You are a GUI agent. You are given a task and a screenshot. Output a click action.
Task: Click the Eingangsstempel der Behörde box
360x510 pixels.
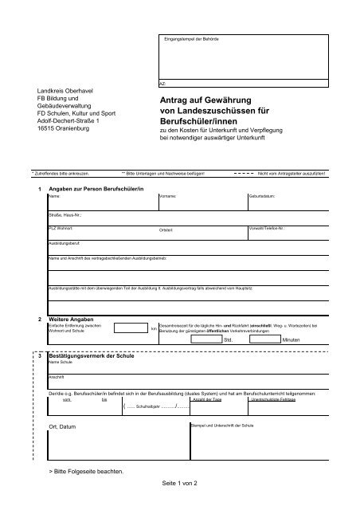click(x=240, y=55)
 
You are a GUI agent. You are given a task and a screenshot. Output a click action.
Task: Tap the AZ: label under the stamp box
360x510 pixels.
click(x=163, y=83)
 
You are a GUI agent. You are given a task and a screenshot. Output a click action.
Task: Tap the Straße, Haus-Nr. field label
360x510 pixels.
click(x=65, y=215)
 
